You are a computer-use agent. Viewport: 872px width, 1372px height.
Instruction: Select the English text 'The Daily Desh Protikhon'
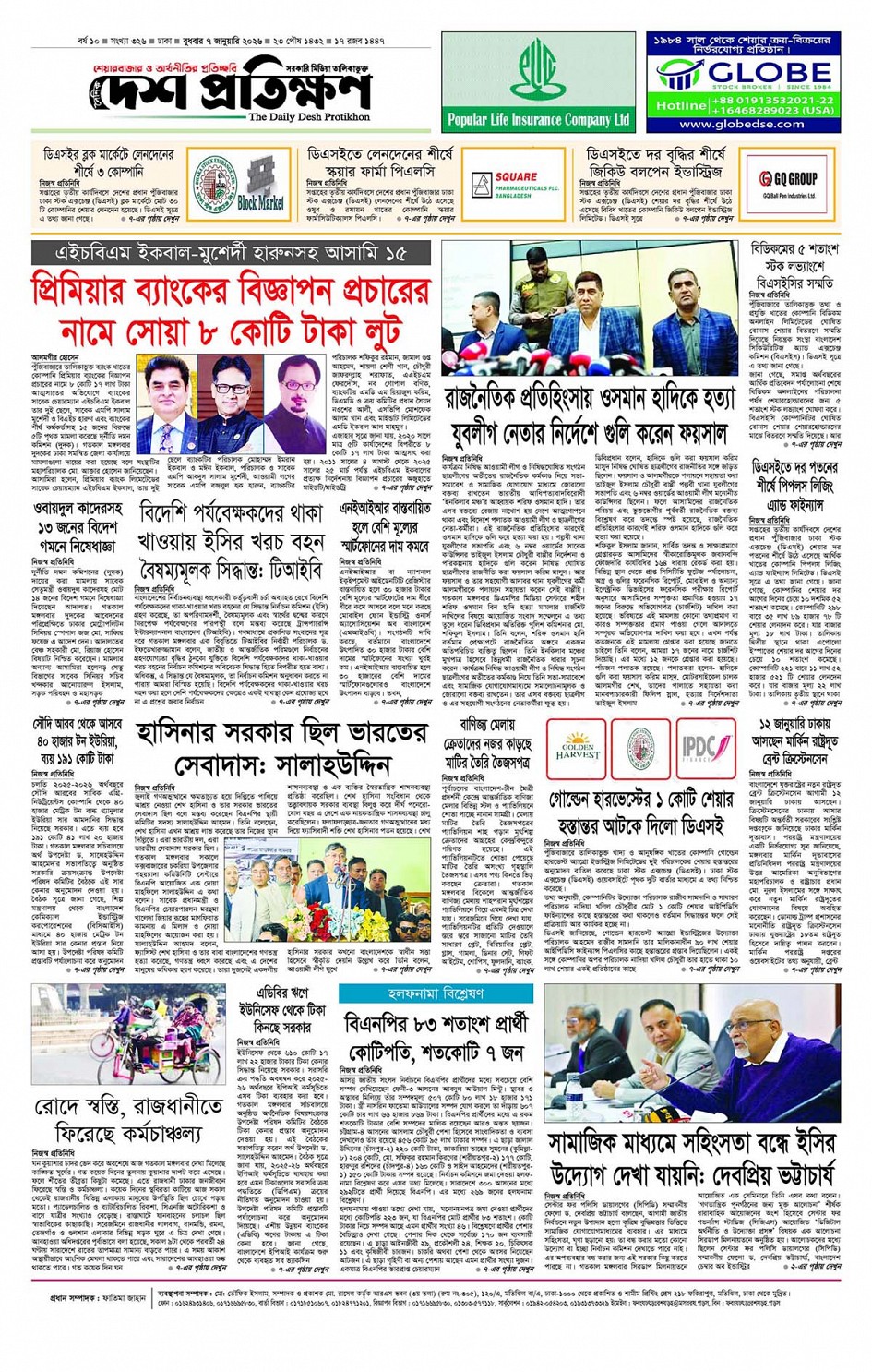coord(308,117)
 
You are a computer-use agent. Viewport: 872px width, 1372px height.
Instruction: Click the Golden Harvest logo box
coord(577,749)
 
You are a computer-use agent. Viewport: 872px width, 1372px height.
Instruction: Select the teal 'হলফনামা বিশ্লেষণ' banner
coord(436,993)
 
